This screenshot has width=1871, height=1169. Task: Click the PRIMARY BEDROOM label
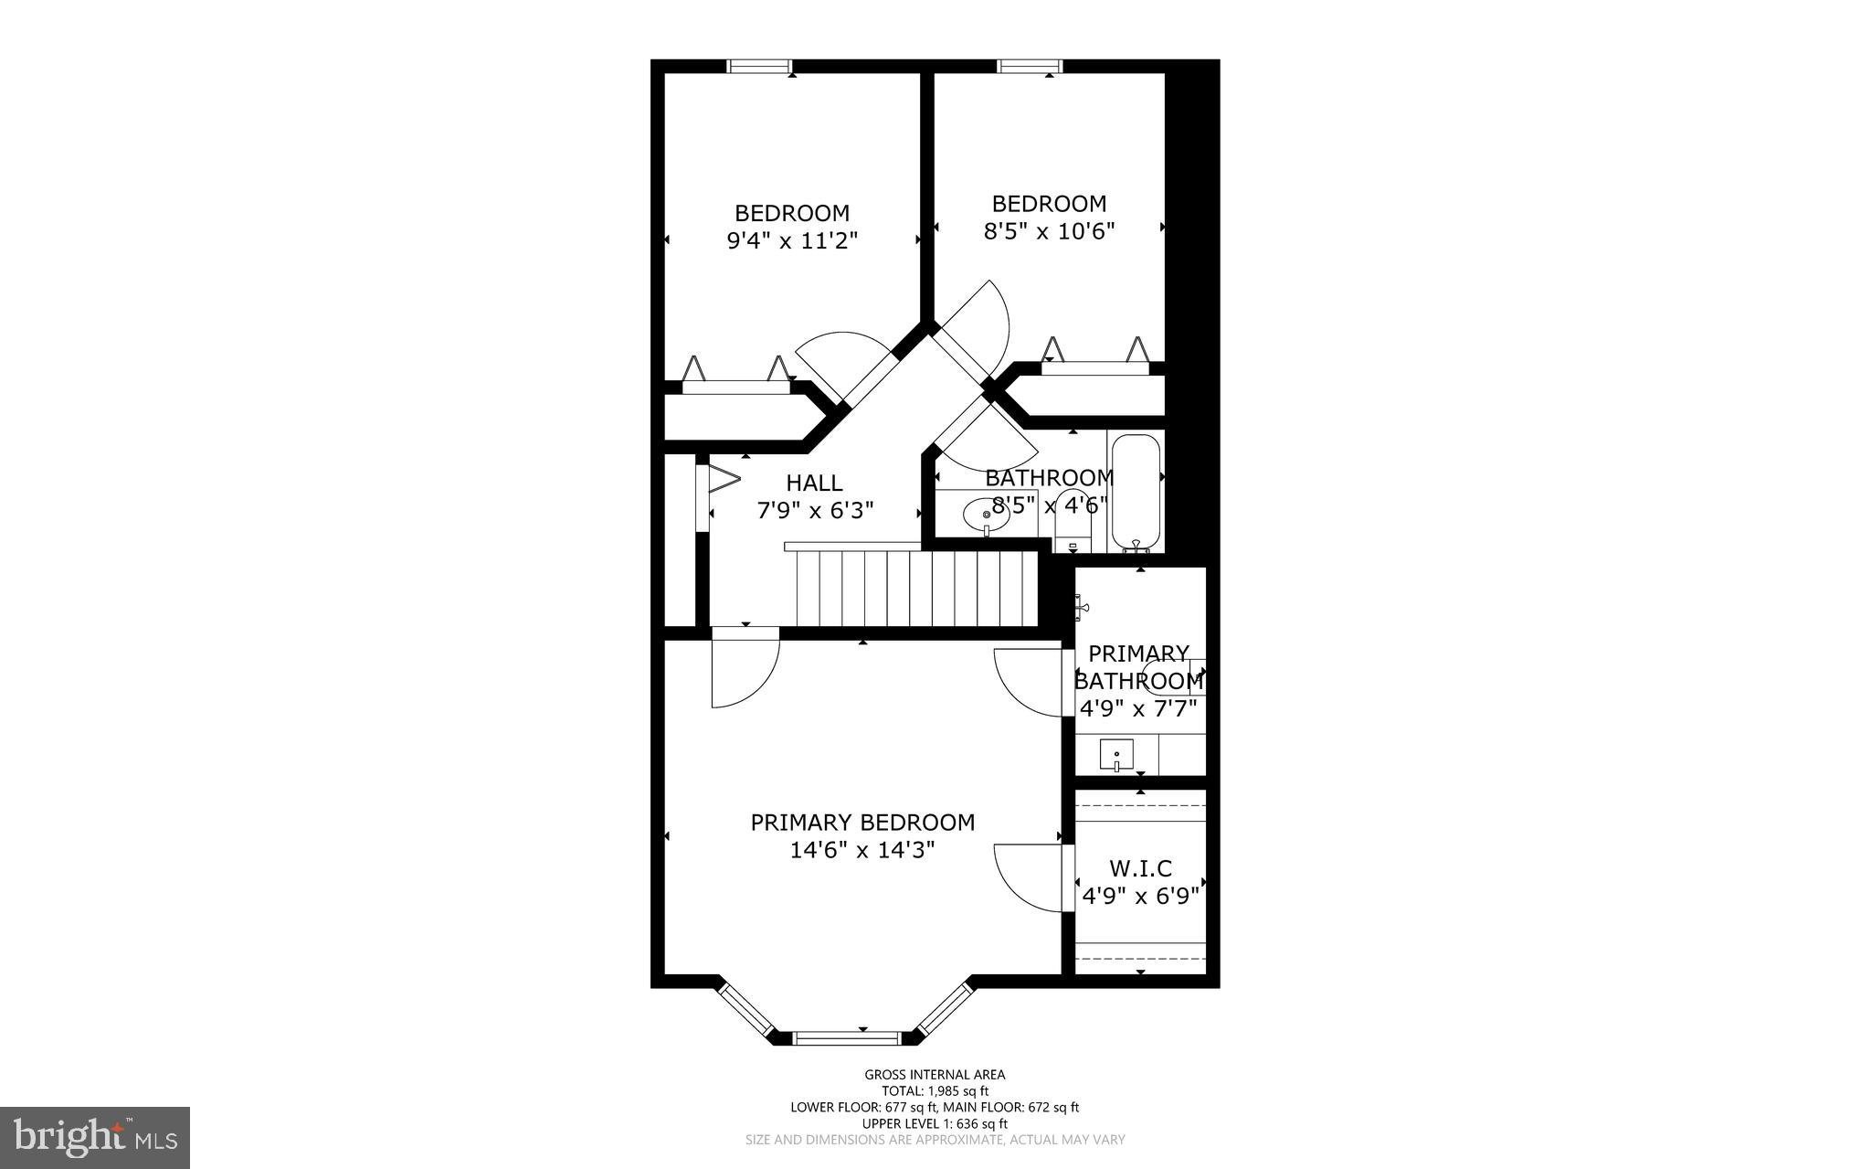(x=862, y=823)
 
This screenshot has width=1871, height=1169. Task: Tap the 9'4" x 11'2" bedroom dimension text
(x=792, y=240)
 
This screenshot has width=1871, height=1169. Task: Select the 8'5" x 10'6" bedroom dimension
(x=1049, y=231)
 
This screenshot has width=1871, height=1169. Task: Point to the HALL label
(x=814, y=483)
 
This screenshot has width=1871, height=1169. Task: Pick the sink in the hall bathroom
(x=986, y=515)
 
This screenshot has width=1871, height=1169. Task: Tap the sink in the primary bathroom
(x=1116, y=755)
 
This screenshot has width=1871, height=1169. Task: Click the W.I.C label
(x=1140, y=868)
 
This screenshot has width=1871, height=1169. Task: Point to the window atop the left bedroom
(x=758, y=66)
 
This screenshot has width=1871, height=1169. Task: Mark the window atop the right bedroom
(x=1030, y=66)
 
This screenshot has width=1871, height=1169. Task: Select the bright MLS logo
(x=95, y=1138)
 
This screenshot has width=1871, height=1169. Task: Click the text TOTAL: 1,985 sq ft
(x=935, y=1090)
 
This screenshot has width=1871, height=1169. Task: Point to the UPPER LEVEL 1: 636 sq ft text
(x=935, y=1123)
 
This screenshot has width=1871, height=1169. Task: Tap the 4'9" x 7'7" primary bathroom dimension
(x=1138, y=708)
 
